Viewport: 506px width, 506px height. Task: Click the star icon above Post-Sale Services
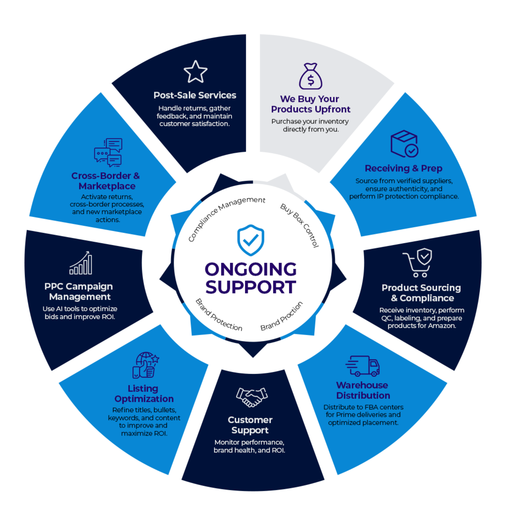(x=195, y=72)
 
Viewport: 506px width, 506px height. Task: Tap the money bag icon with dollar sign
(x=310, y=77)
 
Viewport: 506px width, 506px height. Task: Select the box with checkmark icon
(x=404, y=144)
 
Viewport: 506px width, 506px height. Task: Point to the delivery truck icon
(x=363, y=366)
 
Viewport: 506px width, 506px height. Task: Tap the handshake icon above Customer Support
(x=252, y=397)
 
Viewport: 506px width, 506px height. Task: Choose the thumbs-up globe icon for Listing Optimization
(x=146, y=365)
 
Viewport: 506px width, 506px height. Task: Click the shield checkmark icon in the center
(x=251, y=240)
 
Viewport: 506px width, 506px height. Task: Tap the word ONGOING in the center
(x=251, y=269)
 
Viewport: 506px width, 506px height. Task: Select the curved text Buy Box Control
(x=300, y=225)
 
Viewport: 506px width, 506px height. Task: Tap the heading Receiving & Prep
(x=403, y=168)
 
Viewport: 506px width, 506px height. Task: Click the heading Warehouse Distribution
(x=363, y=390)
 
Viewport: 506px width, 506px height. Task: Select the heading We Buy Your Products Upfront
(x=310, y=104)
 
